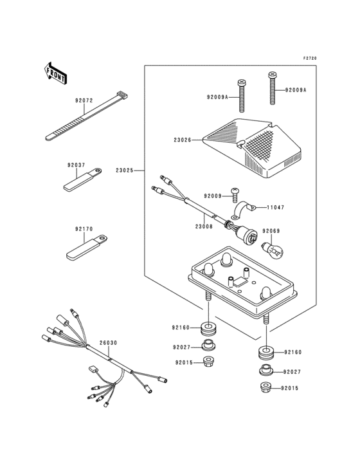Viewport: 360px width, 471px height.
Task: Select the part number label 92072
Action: [84, 100]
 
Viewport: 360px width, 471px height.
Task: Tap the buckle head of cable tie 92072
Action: [122, 95]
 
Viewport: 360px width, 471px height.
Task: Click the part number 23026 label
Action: [182, 140]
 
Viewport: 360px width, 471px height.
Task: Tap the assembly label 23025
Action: [125, 171]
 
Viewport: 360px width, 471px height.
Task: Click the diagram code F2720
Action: [310, 59]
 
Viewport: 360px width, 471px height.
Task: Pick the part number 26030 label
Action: [108, 343]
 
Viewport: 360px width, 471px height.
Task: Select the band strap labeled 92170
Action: [87, 248]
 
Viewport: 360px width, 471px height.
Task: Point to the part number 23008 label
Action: [204, 226]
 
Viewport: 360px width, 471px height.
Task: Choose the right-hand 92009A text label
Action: [296, 90]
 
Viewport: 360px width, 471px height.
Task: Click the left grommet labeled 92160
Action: [208, 329]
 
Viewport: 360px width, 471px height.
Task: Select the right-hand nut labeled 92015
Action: [265, 388]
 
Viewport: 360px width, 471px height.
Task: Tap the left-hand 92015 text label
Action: [184, 362]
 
